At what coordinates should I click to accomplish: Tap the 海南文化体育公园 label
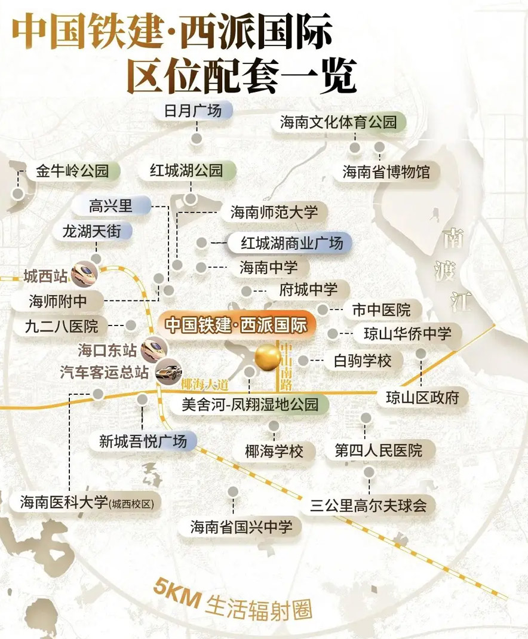click(x=339, y=122)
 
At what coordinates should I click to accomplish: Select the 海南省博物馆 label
click(x=386, y=172)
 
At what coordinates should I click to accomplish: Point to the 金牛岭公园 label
click(x=72, y=171)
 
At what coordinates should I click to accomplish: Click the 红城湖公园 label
click(x=186, y=171)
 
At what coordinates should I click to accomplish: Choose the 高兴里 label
click(x=110, y=207)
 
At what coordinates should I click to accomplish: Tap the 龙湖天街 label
click(x=96, y=232)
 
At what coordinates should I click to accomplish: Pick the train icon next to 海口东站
click(x=155, y=346)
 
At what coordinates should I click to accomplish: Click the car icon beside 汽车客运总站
click(x=168, y=373)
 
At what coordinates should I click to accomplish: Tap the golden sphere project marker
click(x=268, y=358)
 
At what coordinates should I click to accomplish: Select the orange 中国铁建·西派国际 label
click(x=236, y=325)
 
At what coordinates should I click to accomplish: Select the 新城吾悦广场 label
click(x=143, y=442)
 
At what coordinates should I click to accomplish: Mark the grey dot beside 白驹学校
click(x=303, y=361)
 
